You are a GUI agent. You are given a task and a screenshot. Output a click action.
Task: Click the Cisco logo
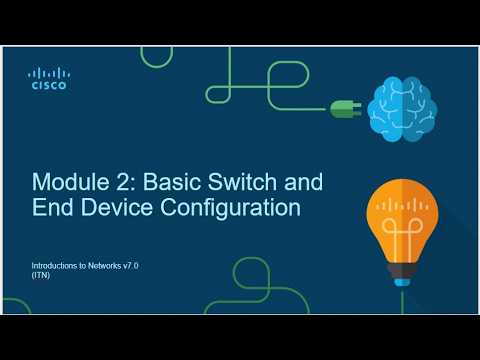tap(49, 78)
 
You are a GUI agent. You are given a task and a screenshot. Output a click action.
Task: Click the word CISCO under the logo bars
tap(49, 86)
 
